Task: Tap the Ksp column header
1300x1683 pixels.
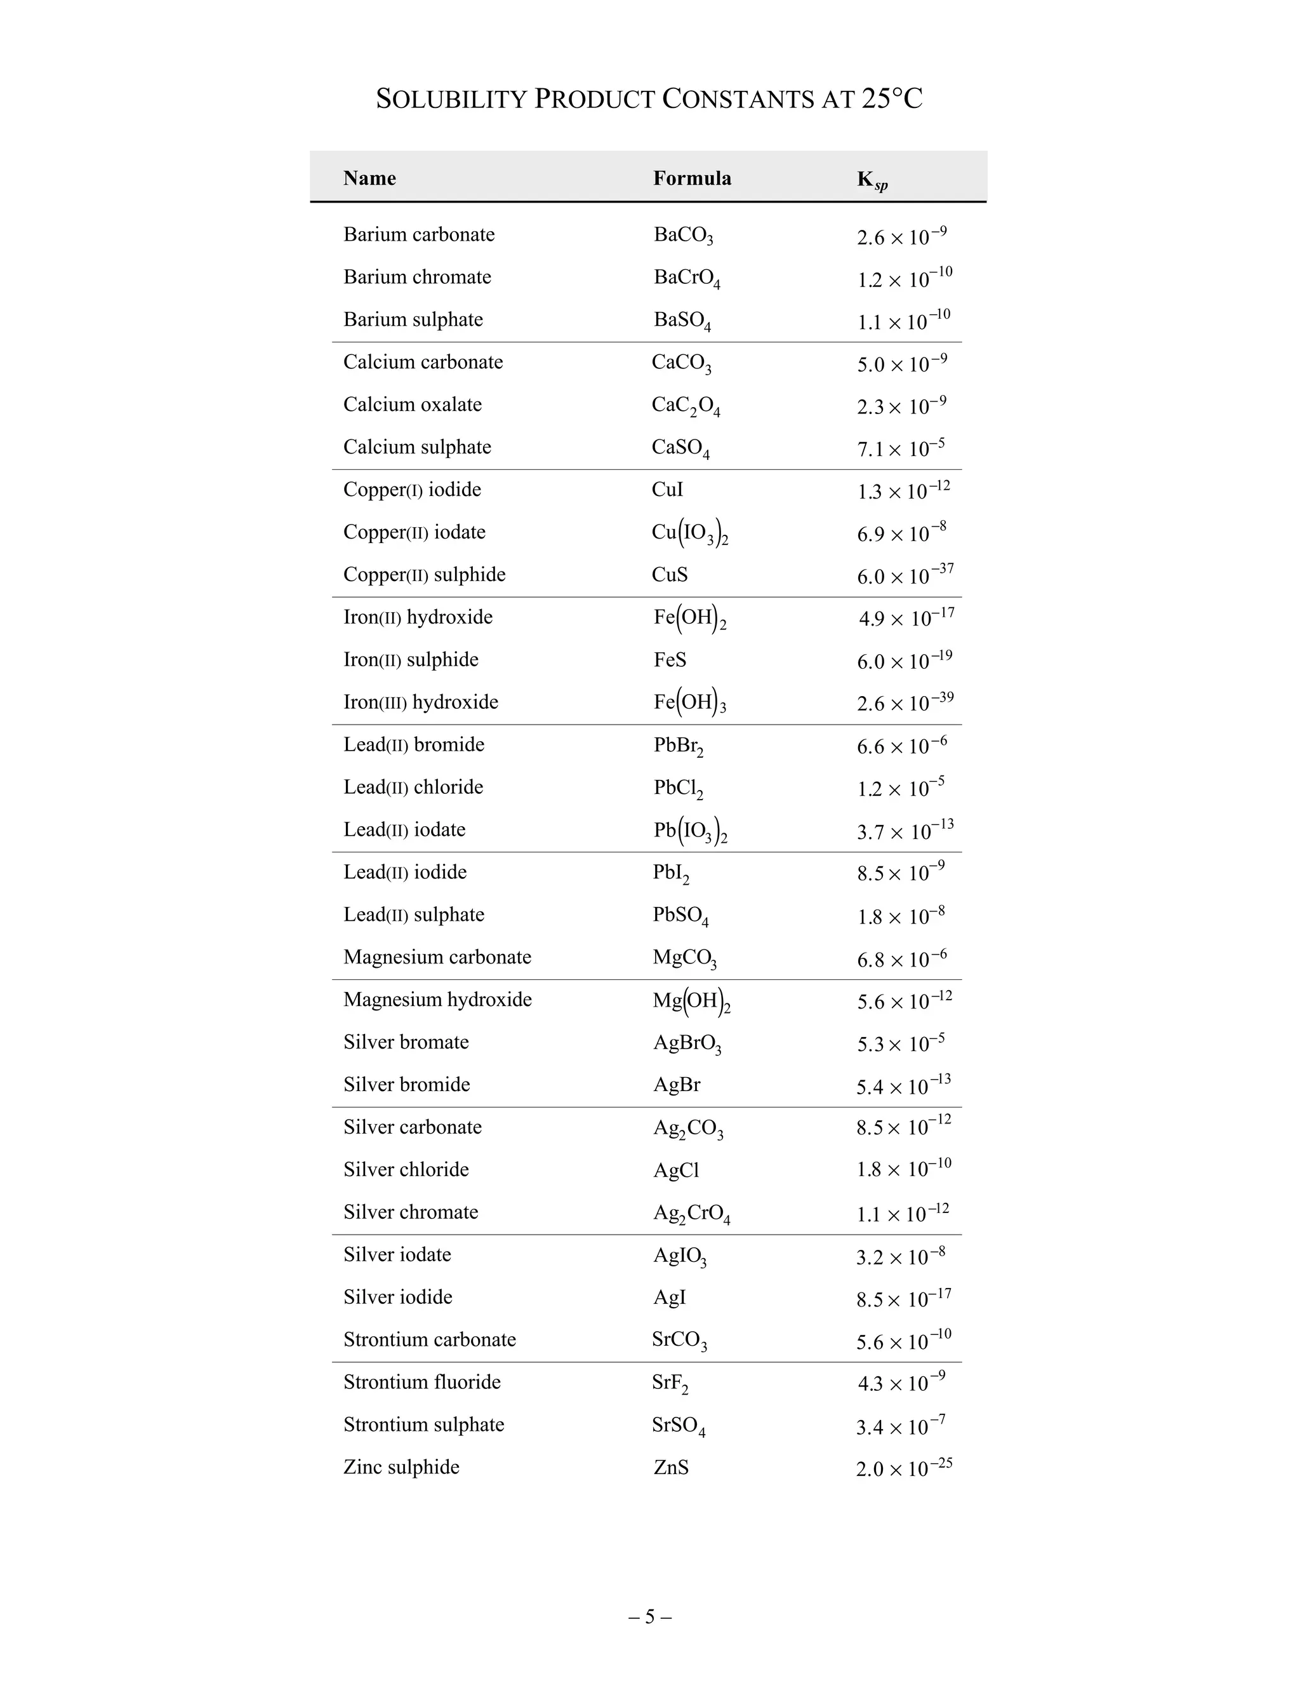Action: [x=872, y=180]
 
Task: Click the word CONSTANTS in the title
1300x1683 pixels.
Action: [x=738, y=100]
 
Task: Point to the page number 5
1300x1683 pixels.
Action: [x=649, y=1616]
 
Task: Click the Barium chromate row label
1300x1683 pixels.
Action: [x=416, y=277]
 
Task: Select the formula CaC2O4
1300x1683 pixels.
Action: [x=686, y=405]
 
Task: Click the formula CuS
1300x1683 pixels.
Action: [x=669, y=575]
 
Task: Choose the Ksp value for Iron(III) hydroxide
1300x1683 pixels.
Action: [x=905, y=703]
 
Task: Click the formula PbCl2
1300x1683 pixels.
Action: [x=678, y=788]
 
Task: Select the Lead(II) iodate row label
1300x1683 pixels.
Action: [x=404, y=830]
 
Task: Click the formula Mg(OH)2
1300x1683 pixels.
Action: [x=691, y=1001]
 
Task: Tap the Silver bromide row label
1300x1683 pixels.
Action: [x=407, y=1085]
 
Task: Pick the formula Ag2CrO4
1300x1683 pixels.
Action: [x=691, y=1214]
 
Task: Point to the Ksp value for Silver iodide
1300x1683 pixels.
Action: [x=903, y=1299]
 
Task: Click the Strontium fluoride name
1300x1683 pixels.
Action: [x=422, y=1382]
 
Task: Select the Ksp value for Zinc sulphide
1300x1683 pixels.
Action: [x=904, y=1468]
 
